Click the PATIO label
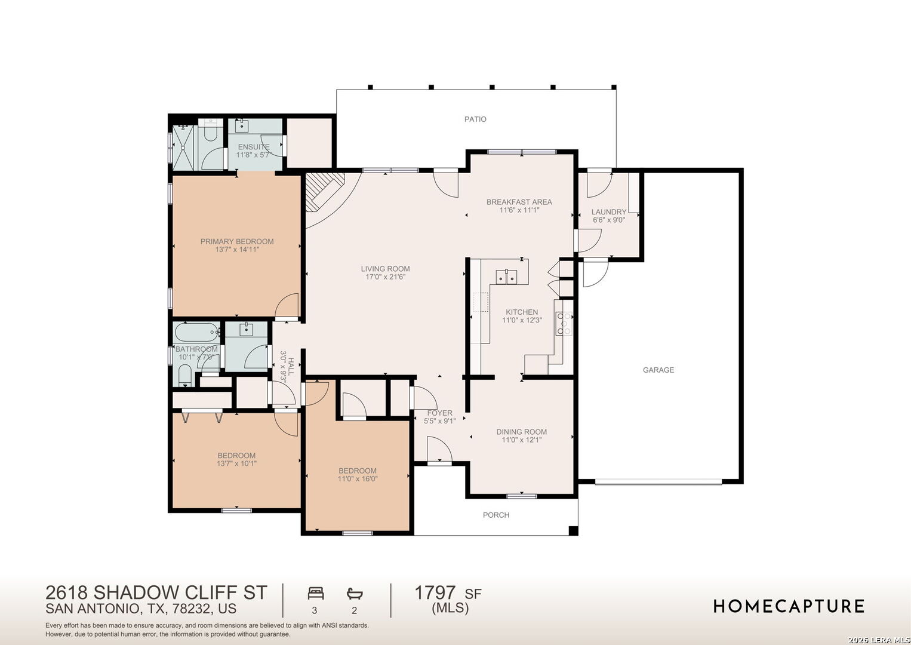(475, 119)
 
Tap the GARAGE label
(658, 370)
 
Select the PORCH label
(495, 515)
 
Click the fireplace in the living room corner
(324, 192)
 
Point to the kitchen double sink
(506, 277)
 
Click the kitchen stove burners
(564, 323)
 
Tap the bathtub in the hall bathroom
(197, 333)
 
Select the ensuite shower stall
(184, 148)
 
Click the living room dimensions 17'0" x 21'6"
(386, 277)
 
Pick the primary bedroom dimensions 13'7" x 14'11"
(237, 250)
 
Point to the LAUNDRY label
(609, 212)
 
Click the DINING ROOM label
(521, 432)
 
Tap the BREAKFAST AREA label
(519, 202)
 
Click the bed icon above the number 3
(316, 593)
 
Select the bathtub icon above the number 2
(355, 594)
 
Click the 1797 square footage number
(435, 592)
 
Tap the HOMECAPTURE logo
(789, 606)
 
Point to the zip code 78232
(192, 609)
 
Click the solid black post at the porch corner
(573, 531)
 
